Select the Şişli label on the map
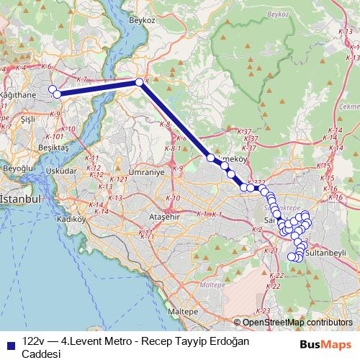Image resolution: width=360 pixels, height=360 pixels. pos(29,118)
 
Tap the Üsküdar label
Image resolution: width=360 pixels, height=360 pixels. pos(60,172)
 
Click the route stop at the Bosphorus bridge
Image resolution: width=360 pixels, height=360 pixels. pos(140,82)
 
